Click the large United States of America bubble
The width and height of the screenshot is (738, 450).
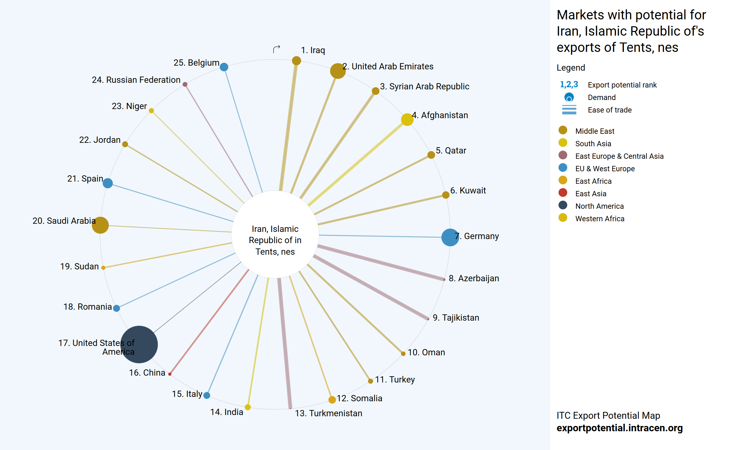(x=139, y=344)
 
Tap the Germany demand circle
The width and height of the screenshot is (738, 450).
(x=450, y=237)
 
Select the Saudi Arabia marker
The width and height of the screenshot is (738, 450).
(x=100, y=225)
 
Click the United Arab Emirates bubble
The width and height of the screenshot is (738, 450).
(x=338, y=71)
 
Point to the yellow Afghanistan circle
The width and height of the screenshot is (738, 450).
(x=407, y=119)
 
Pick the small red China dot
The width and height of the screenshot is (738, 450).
(x=170, y=374)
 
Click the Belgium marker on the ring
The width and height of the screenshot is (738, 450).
(x=224, y=67)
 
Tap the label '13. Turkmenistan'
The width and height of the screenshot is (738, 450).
(x=328, y=413)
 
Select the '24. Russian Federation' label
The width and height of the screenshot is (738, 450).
(x=136, y=80)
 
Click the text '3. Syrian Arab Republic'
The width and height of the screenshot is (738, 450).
(x=424, y=87)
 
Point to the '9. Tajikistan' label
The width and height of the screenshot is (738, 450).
(x=456, y=318)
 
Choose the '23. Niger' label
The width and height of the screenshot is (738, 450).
(x=129, y=106)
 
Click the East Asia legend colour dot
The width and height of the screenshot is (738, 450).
(x=563, y=193)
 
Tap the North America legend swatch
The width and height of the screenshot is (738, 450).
(x=563, y=205)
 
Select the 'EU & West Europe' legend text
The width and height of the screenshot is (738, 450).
(x=605, y=169)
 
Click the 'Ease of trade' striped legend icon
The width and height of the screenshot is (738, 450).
(x=569, y=110)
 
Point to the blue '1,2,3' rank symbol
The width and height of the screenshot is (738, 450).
(x=569, y=84)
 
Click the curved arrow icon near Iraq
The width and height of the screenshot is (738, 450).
(x=276, y=49)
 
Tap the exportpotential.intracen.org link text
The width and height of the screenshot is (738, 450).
(x=619, y=428)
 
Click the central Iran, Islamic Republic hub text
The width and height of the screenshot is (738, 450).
(x=275, y=240)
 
